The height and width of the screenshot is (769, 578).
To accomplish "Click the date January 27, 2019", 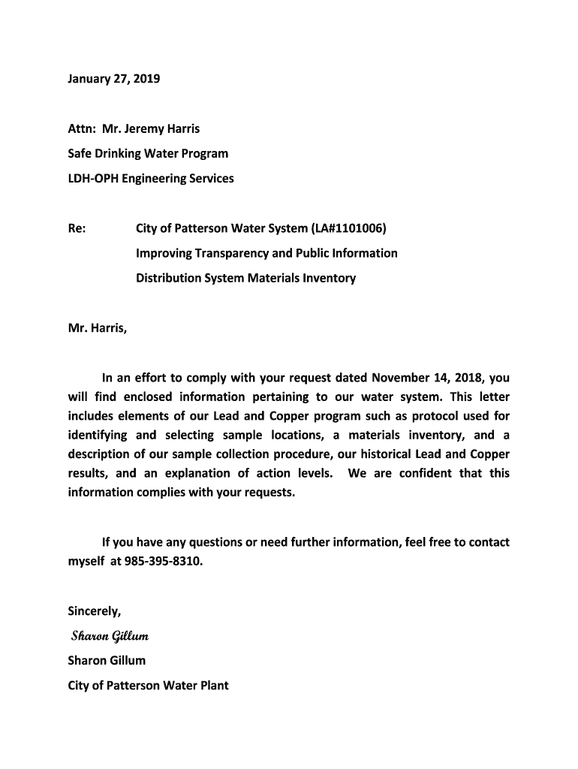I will [x=114, y=78].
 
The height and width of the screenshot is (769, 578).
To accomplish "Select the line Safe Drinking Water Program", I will [x=148, y=153].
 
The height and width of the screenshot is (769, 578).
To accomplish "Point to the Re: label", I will [x=77, y=228].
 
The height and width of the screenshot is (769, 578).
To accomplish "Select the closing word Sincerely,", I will [x=95, y=611].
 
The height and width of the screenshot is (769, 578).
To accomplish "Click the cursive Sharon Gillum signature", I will [x=110, y=637].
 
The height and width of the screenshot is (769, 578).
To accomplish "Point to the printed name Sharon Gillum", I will [x=107, y=660].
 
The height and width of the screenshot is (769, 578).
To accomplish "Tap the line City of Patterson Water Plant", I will [x=148, y=685].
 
